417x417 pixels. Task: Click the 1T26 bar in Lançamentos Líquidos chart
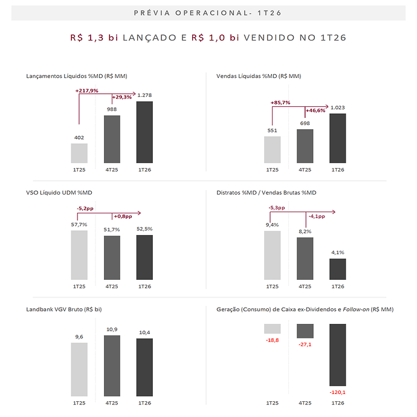(x=144, y=132)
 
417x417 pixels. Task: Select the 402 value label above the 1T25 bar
(x=79, y=138)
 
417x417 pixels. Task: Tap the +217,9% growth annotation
(x=87, y=91)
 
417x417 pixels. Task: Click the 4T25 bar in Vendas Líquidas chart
(x=305, y=146)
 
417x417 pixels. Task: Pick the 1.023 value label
(x=338, y=108)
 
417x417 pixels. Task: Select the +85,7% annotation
(x=280, y=103)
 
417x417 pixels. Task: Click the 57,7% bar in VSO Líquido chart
(x=79, y=255)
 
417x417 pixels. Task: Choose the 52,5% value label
(x=144, y=229)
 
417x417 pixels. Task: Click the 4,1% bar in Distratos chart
(x=338, y=269)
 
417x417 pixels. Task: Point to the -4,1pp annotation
(x=316, y=216)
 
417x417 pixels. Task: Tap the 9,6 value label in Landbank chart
(x=79, y=337)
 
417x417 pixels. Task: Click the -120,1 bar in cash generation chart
(x=338, y=355)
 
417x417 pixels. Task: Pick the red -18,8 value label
(x=273, y=340)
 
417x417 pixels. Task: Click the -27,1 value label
(x=305, y=344)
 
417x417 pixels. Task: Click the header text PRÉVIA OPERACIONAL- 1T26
(x=208, y=13)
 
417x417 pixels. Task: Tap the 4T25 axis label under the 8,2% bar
(x=305, y=286)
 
